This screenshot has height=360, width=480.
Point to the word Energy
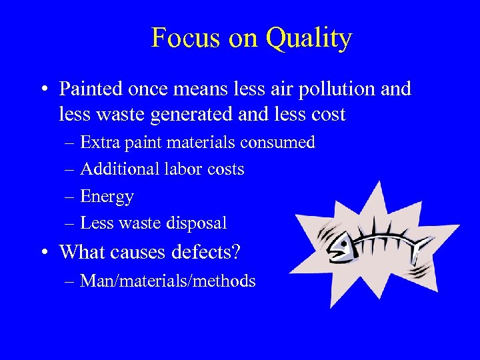[x=107, y=197]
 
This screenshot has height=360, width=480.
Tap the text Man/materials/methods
[x=167, y=281]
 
